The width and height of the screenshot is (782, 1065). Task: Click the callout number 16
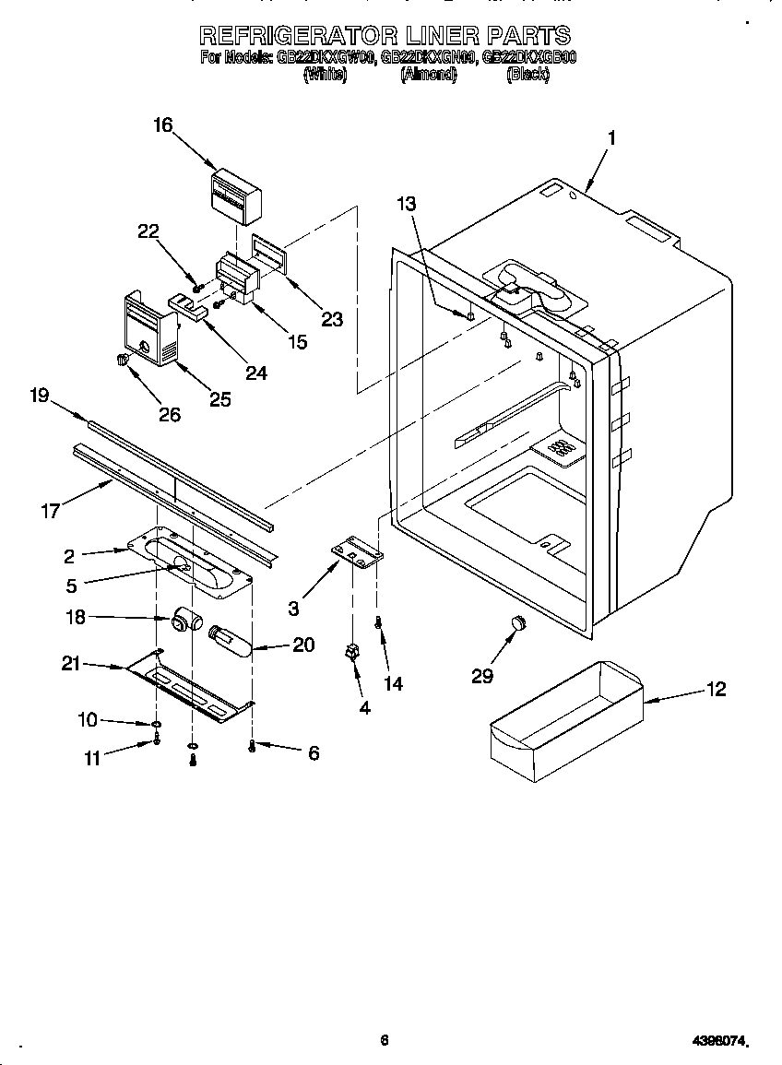click(162, 126)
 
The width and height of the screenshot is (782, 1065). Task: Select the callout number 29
click(481, 677)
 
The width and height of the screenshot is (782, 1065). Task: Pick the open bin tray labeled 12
click(566, 714)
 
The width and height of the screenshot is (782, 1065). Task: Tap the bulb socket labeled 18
click(185, 620)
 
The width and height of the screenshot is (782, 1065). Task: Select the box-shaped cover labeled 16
click(234, 195)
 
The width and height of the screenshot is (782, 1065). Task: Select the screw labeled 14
click(378, 624)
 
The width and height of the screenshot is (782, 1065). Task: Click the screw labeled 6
click(252, 747)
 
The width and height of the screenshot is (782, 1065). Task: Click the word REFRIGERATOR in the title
click(298, 36)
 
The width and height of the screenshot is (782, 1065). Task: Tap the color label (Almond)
click(428, 76)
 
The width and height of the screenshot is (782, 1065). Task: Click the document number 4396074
click(718, 1041)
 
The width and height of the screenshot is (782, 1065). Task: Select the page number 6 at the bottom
click(385, 1040)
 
